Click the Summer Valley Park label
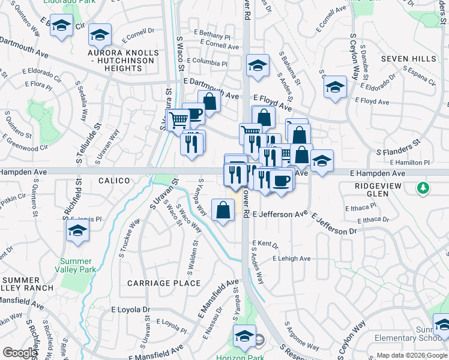[76, 266]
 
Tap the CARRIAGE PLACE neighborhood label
[164, 283]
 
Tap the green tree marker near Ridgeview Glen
[424, 188]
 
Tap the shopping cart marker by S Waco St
[177, 120]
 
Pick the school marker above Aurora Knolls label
[100, 35]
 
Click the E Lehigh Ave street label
[291, 259]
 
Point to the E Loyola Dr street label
[131, 310]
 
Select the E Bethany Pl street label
[211, 36]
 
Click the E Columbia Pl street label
[207, 62]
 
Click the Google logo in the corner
[20, 353]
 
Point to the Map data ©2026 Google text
[412, 355]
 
